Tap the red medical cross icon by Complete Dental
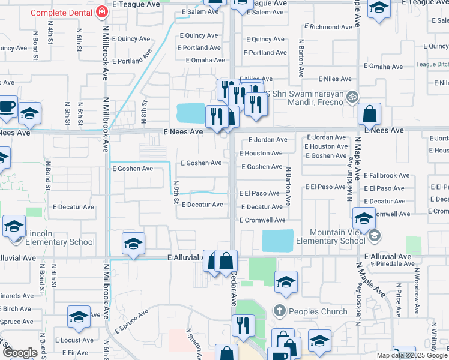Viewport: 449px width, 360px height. [x=102, y=12]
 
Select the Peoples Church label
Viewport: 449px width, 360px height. [x=318, y=311]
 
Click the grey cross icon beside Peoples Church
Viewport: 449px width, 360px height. [x=279, y=311]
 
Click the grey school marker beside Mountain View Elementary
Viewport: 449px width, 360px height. [x=375, y=234]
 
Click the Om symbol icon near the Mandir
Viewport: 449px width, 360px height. [x=353, y=95]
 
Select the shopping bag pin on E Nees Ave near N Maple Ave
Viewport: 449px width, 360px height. [x=371, y=113]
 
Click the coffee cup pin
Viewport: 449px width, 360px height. [x=7, y=106]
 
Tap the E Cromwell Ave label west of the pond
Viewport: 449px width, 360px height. [x=262, y=220]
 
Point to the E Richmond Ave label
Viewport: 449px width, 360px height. [x=328, y=27]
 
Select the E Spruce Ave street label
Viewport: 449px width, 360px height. [x=131, y=322]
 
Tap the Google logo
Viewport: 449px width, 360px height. [x=19, y=353]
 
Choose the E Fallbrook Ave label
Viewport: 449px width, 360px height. [x=387, y=176]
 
